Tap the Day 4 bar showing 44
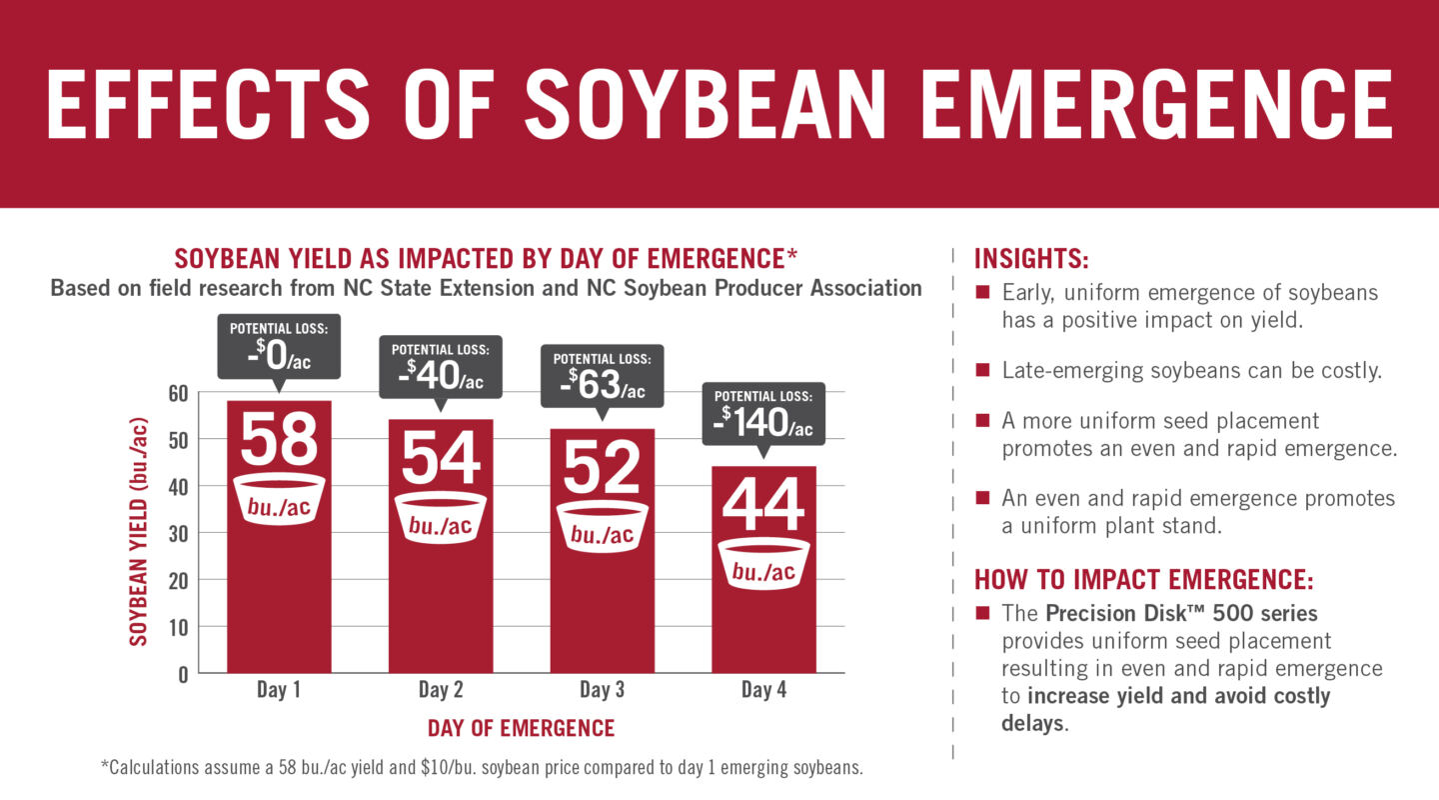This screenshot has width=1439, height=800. click(x=763, y=620)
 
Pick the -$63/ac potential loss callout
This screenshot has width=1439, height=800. click(x=602, y=377)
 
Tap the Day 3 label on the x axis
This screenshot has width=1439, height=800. click(x=602, y=690)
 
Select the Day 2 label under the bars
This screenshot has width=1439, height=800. click(x=440, y=690)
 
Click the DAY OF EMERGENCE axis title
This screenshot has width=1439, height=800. click(x=521, y=728)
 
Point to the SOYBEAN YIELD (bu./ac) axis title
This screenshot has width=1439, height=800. click(x=140, y=532)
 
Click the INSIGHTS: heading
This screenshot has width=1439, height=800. click(x=1031, y=259)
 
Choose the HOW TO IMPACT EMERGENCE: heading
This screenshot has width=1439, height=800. click(x=1143, y=580)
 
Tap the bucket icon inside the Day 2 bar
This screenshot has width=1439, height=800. click(x=440, y=518)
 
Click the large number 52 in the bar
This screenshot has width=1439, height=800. click(x=602, y=467)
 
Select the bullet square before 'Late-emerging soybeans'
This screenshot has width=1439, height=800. click(x=982, y=369)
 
